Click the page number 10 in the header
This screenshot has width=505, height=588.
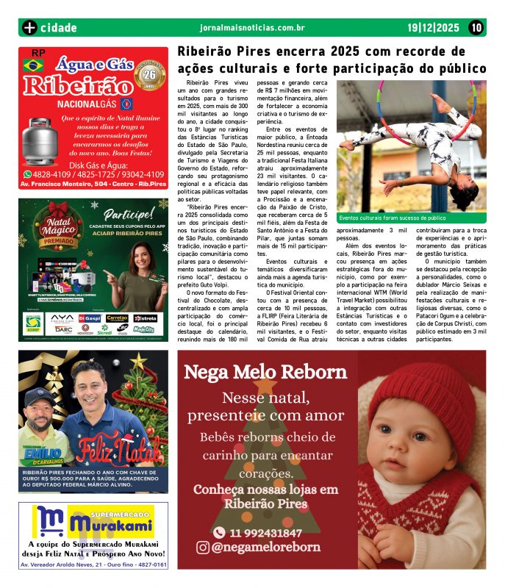(476, 28)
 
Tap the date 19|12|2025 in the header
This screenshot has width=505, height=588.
(434, 28)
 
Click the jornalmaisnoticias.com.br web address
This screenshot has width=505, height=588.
(252, 28)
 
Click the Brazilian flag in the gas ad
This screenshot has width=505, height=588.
(33, 66)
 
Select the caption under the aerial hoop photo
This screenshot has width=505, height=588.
(393, 218)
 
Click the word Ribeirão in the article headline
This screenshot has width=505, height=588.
(207, 52)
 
